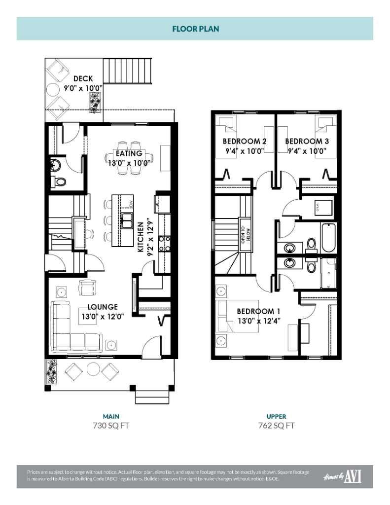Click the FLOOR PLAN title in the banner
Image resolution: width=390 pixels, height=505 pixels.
[195, 29]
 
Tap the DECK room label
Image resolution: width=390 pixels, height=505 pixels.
[83, 78]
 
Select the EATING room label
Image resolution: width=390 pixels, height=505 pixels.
[129, 153]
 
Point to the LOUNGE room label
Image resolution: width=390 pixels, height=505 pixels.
[103, 307]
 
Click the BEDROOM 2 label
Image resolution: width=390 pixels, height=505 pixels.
[245, 142]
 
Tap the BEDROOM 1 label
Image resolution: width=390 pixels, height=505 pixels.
[258, 311]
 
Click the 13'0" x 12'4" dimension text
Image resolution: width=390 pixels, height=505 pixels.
[258, 321]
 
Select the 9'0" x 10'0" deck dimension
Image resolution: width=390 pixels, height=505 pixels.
[83, 88]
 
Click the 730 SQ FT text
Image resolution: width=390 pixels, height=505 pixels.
[111, 425]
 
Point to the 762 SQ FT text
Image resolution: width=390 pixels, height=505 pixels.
[276, 425]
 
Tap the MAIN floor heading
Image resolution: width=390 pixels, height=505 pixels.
[111, 416]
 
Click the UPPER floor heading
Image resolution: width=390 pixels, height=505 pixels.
[276, 416]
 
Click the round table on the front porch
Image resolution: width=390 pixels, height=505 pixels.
[93, 368]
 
